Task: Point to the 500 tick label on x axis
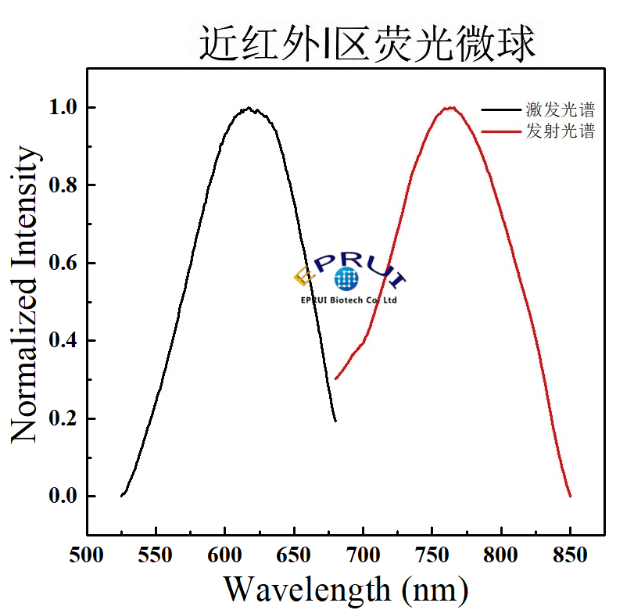point(87,556)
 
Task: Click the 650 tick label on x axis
point(294,556)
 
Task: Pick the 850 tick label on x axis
point(570,556)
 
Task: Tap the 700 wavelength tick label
point(363,556)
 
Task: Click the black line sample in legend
point(501,110)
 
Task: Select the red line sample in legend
point(501,131)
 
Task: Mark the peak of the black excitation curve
point(249,109)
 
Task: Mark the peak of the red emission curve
point(450,108)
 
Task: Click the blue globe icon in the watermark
point(346,278)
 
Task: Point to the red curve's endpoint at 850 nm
point(570,496)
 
